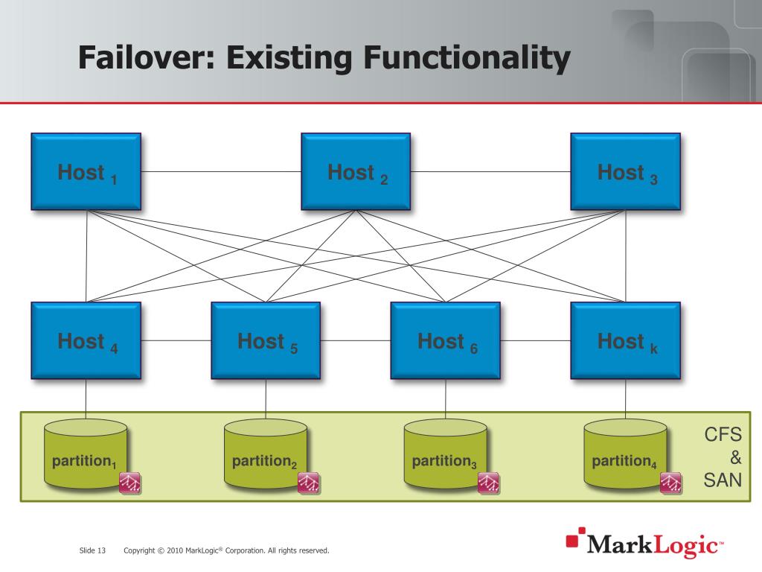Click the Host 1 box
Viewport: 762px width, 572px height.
(x=86, y=171)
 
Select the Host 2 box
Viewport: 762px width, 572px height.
(x=356, y=171)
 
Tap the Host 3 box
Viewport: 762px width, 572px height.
(x=625, y=171)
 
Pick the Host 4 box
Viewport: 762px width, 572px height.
(x=86, y=340)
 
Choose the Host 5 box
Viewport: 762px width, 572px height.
(x=266, y=340)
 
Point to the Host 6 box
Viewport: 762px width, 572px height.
(x=446, y=340)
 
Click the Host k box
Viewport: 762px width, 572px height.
(x=625, y=340)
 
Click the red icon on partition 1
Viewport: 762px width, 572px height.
(x=130, y=483)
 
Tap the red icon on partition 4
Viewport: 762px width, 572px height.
(x=670, y=483)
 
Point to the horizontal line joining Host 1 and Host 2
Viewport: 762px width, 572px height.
(x=221, y=171)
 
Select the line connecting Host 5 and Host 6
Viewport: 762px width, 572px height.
(x=356, y=340)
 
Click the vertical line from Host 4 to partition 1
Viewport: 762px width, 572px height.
(x=86, y=398)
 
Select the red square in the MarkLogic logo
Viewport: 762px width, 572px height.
(x=572, y=539)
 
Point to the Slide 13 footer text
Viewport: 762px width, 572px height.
(x=92, y=550)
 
